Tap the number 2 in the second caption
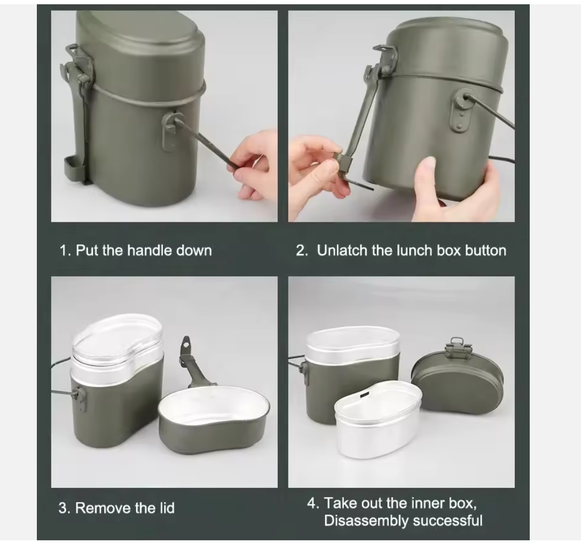[x=301, y=251]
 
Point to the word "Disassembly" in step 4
[x=366, y=521]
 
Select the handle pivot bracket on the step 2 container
[x=460, y=111]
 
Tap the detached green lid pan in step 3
[x=214, y=419]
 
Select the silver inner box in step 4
[x=378, y=419]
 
